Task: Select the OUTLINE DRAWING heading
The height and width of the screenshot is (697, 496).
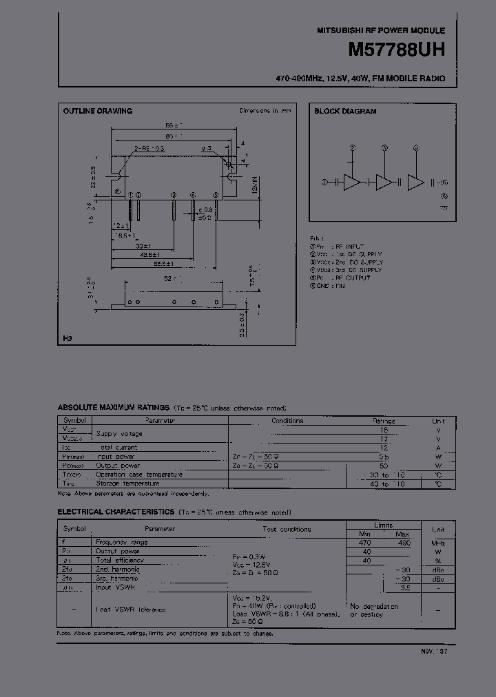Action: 97,111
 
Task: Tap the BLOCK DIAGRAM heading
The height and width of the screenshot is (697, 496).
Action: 345,111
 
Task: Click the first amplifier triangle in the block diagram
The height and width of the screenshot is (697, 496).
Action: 352,182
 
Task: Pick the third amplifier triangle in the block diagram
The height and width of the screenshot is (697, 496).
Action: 416,182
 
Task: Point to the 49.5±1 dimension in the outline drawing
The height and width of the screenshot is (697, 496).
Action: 143,254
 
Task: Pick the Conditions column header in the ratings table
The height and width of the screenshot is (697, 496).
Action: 287,420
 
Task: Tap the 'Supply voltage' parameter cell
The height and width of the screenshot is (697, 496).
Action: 119,433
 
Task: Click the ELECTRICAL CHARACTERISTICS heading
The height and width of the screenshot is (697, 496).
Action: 115,512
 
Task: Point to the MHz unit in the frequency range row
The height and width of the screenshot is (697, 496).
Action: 438,543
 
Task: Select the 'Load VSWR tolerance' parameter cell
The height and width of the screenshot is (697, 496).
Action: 130,610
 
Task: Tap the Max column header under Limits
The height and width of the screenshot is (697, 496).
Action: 402,534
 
